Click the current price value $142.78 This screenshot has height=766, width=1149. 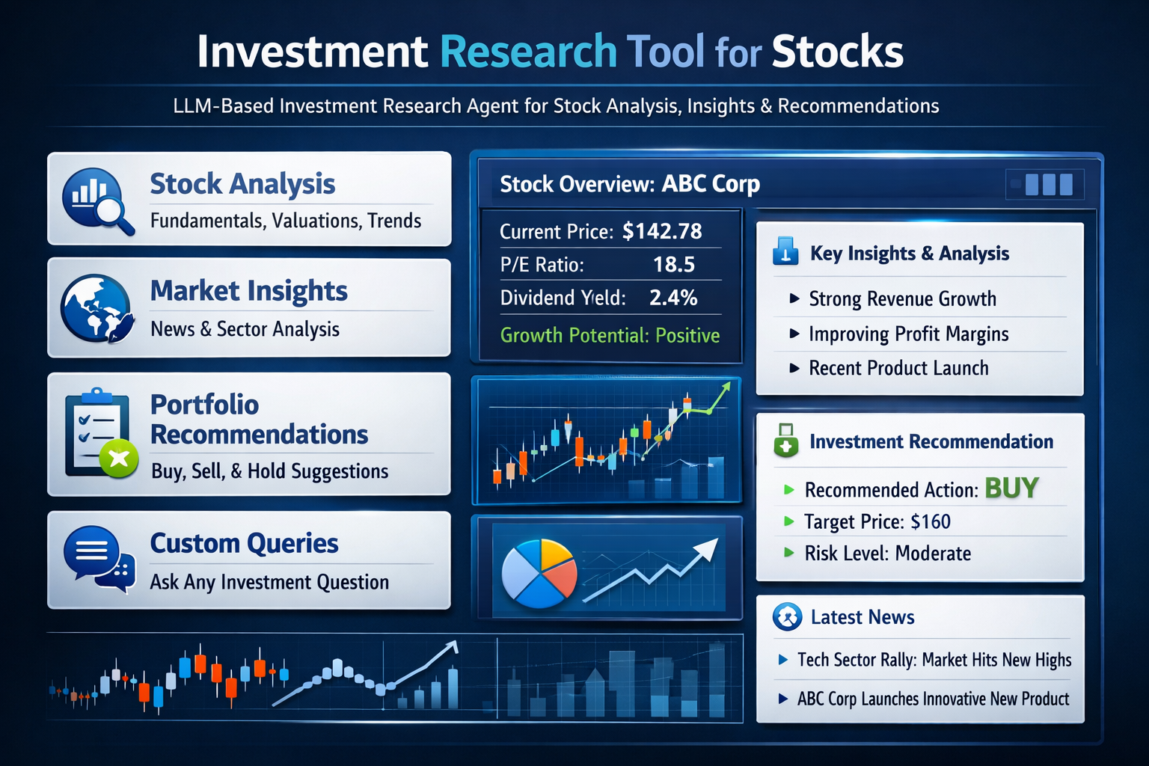(x=662, y=231)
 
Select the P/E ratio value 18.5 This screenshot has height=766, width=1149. (x=673, y=265)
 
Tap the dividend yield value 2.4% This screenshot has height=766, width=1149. (x=673, y=298)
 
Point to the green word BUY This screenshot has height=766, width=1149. (x=1011, y=488)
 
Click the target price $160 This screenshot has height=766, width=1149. (x=931, y=522)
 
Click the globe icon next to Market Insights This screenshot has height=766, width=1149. (x=96, y=308)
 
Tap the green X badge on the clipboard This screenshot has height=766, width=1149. (x=119, y=458)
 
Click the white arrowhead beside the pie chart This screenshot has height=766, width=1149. (x=707, y=550)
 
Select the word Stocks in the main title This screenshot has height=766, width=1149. (x=837, y=52)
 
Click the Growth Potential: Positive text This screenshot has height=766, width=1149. (x=610, y=335)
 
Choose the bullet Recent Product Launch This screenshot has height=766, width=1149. (x=898, y=368)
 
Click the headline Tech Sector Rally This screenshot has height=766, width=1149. (x=856, y=659)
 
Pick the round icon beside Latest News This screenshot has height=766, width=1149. (x=788, y=616)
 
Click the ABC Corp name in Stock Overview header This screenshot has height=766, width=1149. (x=711, y=184)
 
